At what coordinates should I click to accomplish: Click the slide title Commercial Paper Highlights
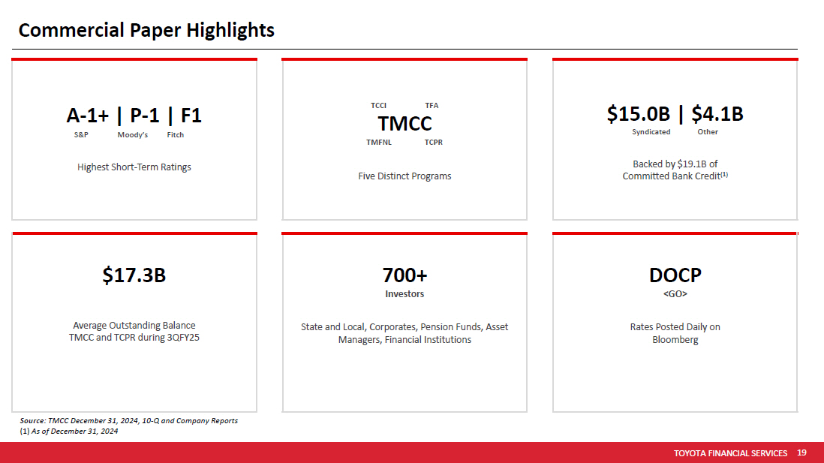[x=146, y=31]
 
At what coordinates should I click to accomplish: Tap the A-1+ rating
[x=87, y=116]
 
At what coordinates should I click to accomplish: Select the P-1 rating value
[x=145, y=116]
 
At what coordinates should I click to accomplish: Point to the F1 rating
[x=191, y=116]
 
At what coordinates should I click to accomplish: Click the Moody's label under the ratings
[x=132, y=135]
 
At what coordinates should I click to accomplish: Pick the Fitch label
[x=176, y=135]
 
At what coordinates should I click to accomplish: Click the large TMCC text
[x=404, y=124]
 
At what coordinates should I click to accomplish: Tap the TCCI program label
[x=378, y=106]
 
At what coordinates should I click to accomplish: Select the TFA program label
[x=432, y=106]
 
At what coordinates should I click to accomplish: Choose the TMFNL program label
[x=379, y=143]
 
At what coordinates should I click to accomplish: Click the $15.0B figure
[x=639, y=114]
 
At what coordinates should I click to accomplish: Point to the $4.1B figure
[x=717, y=114]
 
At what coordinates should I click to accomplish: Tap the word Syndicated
[x=651, y=132]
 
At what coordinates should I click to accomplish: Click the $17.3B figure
[x=134, y=275]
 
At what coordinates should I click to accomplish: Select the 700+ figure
[x=404, y=275]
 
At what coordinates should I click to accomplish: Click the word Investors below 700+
[x=404, y=294]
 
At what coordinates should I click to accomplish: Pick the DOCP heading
[x=675, y=275]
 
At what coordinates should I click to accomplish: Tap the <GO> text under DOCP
[x=675, y=294]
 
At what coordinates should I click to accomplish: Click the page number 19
[x=801, y=452]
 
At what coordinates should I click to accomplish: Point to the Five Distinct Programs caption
[x=404, y=176]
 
